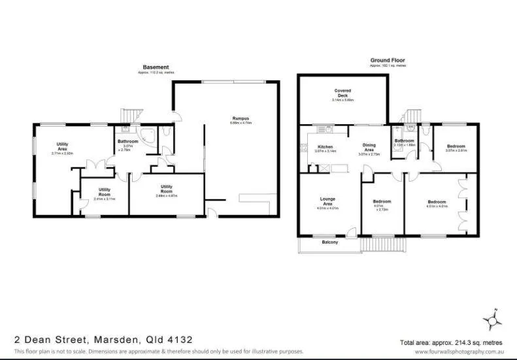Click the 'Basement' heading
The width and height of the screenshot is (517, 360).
(x=156, y=67)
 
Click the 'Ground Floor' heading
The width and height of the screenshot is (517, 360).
(x=388, y=60)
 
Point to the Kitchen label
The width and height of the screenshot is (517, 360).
(x=325, y=146)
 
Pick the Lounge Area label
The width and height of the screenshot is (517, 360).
(x=327, y=201)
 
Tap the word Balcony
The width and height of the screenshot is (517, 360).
(x=330, y=243)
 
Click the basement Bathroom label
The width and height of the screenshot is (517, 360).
(x=127, y=142)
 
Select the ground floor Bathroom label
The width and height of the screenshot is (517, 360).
(x=404, y=140)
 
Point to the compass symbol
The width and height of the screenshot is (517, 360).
(x=493, y=319)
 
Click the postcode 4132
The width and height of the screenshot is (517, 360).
(x=178, y=339)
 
